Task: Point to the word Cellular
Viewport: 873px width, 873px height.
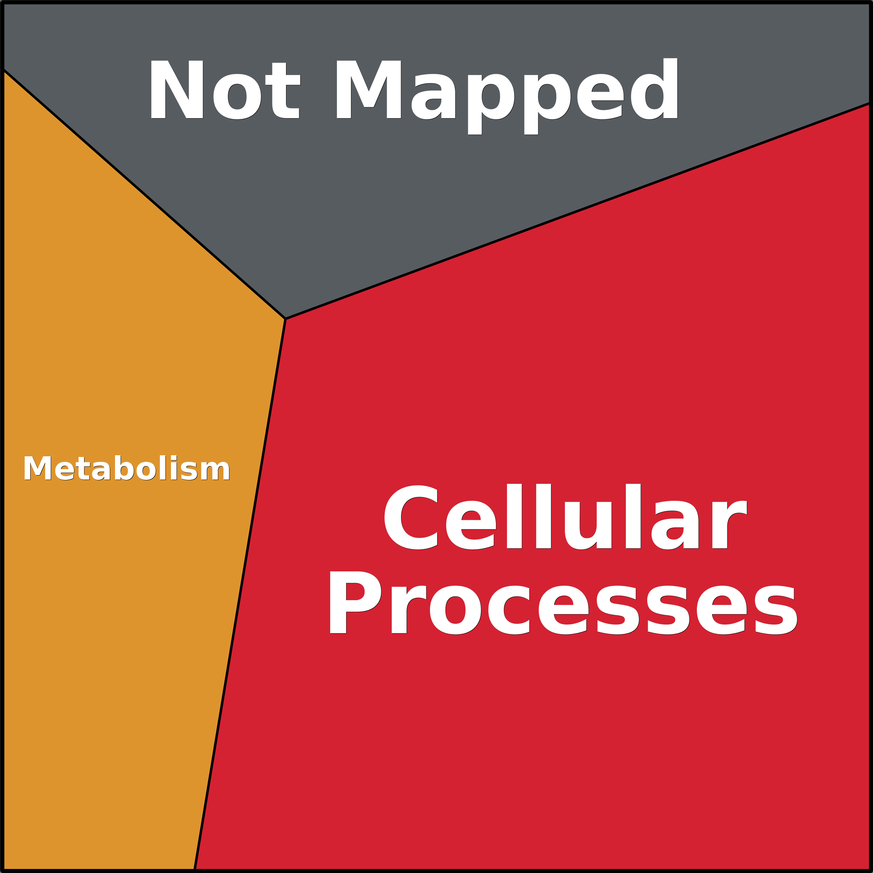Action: point(565,517)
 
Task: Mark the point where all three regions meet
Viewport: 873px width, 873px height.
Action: point(286,319)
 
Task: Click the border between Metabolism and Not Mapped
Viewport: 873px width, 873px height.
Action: point(145,194)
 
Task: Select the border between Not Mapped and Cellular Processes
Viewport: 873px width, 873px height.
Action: point(578,211)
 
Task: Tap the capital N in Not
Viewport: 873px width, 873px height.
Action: point(177,89)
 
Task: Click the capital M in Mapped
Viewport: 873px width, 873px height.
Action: point(369,89)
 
